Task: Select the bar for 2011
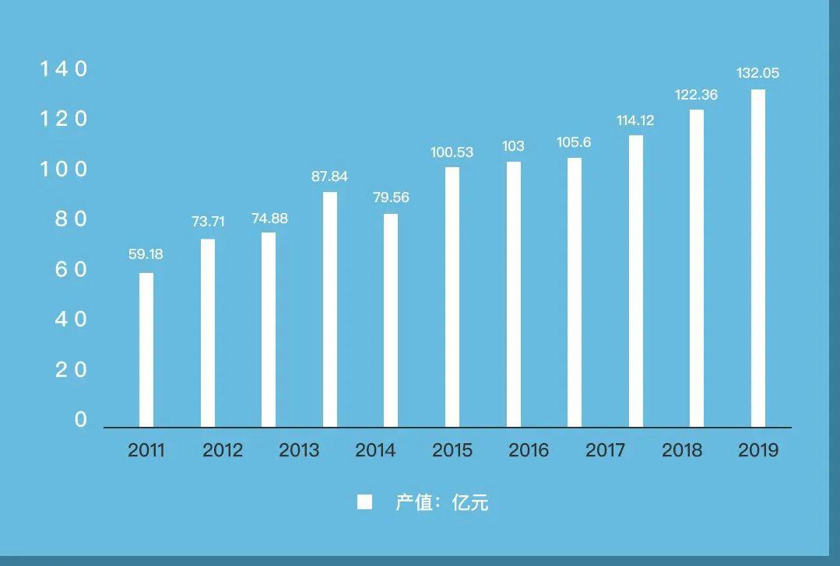point(146,350)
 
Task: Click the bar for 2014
point(391,320)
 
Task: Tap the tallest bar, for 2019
point(757,258)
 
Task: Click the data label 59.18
point(146,254)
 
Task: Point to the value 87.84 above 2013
point(329,176)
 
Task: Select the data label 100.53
point(452,152)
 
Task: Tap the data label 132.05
point(757,73)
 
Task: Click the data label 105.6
point(574,142)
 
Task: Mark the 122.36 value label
point(696,95)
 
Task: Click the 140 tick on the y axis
point(64,69)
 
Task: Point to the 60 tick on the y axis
point(71,270)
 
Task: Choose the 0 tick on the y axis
point(80,420)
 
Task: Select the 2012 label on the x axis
point(223,450)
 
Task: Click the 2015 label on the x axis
point(452,450)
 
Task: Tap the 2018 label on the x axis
point(682,450)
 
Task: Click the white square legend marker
point(364,502)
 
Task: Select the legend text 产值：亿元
point(441,502)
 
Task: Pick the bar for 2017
point(575,292)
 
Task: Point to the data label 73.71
point(208,222)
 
